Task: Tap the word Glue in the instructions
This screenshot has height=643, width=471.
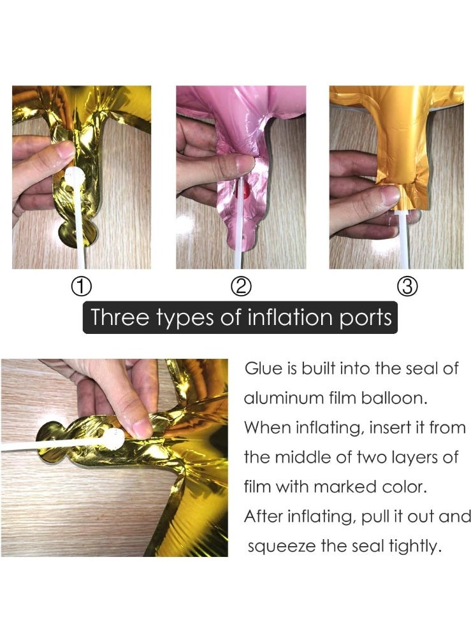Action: pos(261,369)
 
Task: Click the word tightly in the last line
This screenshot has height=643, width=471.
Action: pos(415,547)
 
